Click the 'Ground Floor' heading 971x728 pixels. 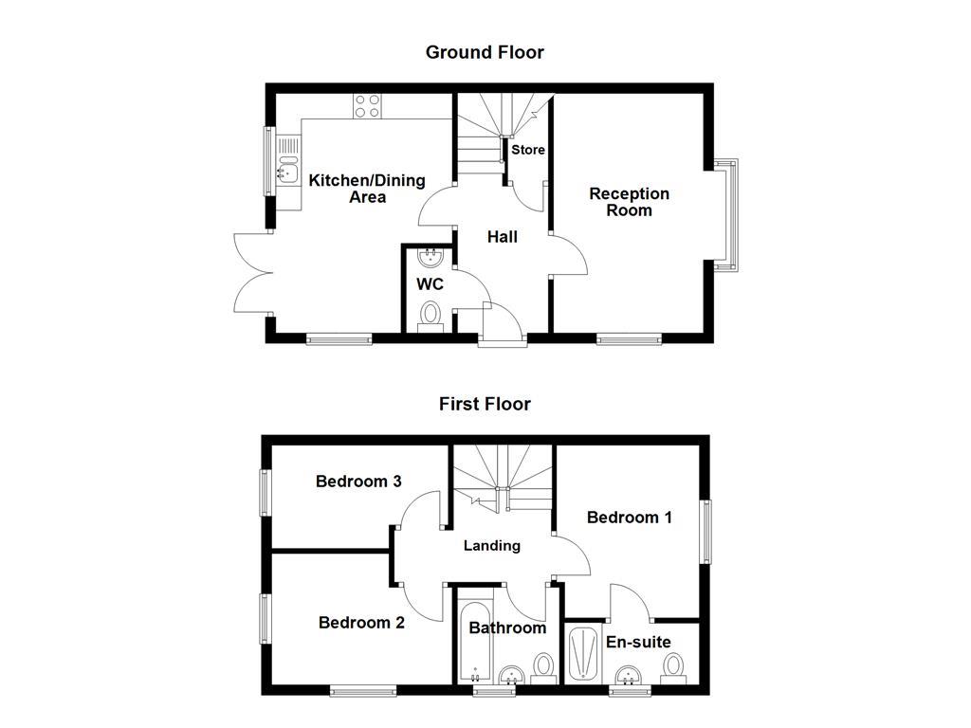point(485,52)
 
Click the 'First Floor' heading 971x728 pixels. point(485,404)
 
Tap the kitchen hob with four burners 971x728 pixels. point(367,105)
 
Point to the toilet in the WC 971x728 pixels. point(431,315)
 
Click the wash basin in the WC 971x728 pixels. point(431,259)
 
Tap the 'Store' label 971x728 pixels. point(528,150)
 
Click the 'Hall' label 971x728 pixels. point(502,237)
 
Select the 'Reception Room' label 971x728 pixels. point(629,202)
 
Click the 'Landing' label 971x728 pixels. point(491,545)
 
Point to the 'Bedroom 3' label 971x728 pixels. point(358,482)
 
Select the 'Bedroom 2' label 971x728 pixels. point(361,623)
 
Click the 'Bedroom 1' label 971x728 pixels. point(630,518)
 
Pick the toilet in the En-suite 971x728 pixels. point(674,666)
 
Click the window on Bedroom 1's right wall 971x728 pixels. point(705,532)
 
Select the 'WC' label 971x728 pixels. point(430,284)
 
